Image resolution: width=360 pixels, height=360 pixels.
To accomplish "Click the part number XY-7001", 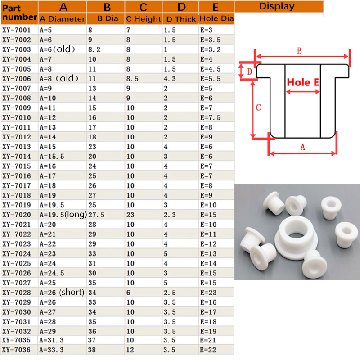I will point(16,30).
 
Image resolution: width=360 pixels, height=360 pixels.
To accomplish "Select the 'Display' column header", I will point(277,6).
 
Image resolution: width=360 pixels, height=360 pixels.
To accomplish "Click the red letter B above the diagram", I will point(299,51).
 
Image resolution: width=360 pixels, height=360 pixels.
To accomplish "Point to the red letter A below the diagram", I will point(302,147).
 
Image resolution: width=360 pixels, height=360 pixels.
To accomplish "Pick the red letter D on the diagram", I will point(248,71).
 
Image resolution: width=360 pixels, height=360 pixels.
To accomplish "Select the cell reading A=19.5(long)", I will point(63,215).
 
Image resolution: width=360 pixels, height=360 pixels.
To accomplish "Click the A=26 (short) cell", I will point(62,292).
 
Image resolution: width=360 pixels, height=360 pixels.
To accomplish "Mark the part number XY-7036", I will point(16,350).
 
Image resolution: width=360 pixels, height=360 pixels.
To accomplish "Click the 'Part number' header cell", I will point(19,13).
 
